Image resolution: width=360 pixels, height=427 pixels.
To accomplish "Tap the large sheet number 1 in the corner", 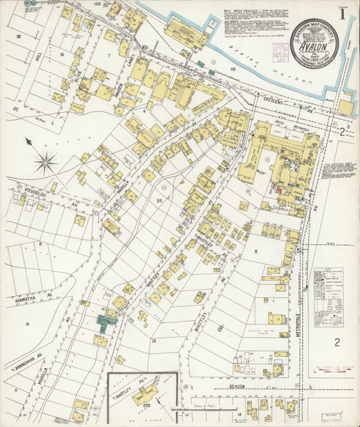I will (x=344, y=14).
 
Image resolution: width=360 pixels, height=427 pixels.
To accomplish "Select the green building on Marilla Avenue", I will (x=107, y=322).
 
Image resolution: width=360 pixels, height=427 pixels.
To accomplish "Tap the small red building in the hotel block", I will (x=278, y=189).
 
